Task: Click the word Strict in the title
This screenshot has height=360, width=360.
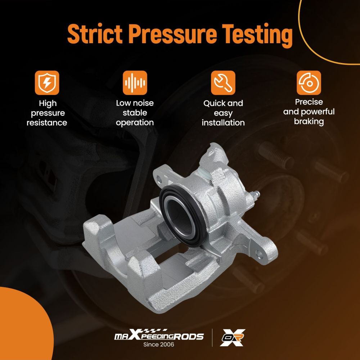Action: pyautogui.click(x=95, y=33)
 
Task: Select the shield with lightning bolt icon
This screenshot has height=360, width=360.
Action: pyautogui.click(x=47, y=83)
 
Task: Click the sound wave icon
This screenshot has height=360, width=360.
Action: pyautogui.click(x=135, y=83)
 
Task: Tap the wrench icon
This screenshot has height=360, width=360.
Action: pyautogui.click(x=223, y=83)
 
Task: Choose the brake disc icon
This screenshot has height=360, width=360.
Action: pyautogui.click(x=309, y=83)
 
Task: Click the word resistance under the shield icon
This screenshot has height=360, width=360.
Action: pyautogui.click(x=47, y=123)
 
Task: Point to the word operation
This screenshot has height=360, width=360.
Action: pyautogui.click(x=135, y=123)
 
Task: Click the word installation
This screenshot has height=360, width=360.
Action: pyautogui.click(x=223, y=123)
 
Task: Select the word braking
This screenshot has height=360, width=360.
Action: pyautogui.click(x=309, y=121)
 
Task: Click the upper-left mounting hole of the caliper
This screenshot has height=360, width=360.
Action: pyautogui.click(x=159, y=178)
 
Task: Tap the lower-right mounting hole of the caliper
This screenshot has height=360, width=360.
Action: pyautogui.click(x=259, y=254)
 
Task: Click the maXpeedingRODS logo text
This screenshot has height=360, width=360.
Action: pyautogui.click(x=159, y=335)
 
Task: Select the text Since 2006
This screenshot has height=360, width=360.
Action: pyautogui.click(x=159, y=345)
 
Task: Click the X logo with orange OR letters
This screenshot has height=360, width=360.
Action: pyautogui.click(x=232, y=338)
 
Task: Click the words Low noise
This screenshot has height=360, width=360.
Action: pyautogui.click(x=135, y=103)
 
